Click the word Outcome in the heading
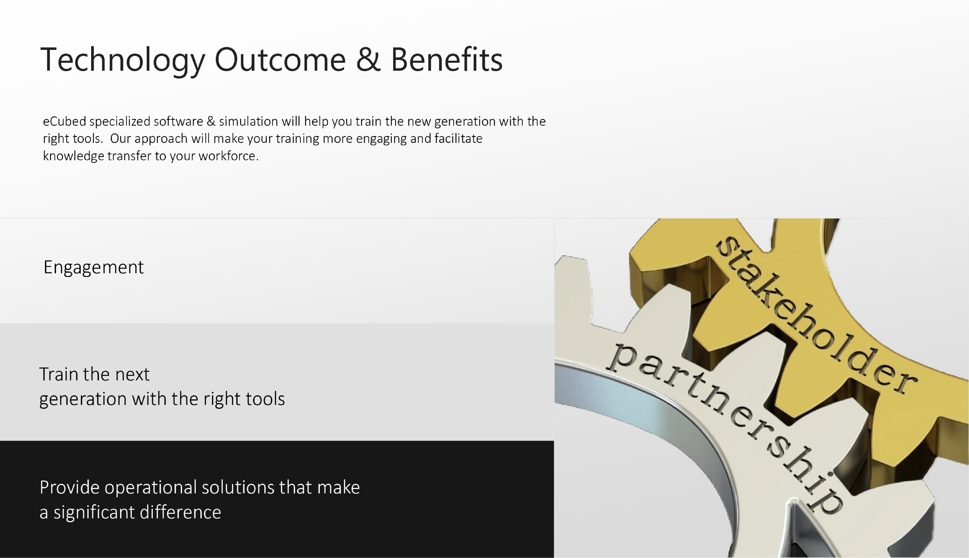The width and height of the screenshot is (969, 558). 280,59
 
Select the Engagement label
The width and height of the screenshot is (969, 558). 94,267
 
